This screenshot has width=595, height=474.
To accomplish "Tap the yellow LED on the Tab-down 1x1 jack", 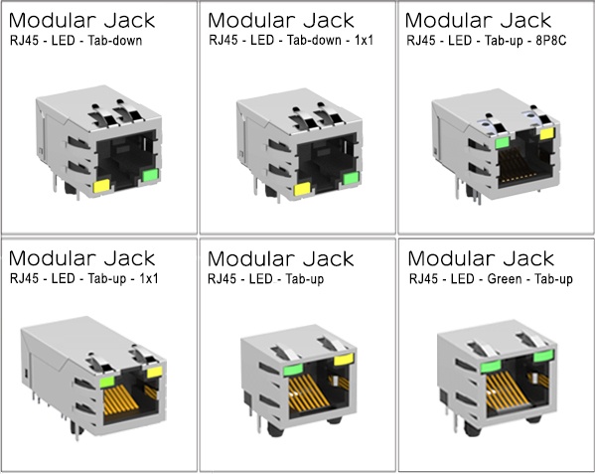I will tap(301, 190).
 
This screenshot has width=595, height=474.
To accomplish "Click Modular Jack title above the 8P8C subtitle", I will tap(478, 19).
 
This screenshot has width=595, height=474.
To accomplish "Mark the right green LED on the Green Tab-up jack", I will tap(543, 355).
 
